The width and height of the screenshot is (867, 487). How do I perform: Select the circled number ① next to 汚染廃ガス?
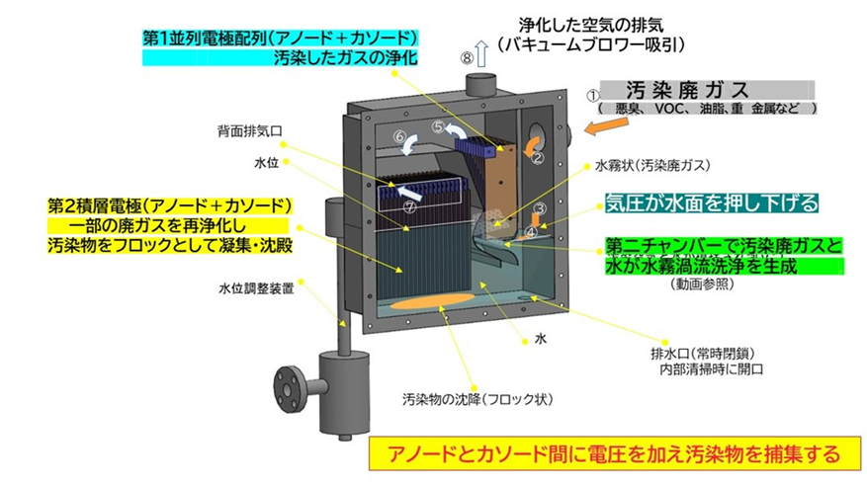click(x=592, y=96)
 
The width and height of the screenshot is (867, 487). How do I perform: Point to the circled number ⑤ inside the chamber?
click(x=438, y=127)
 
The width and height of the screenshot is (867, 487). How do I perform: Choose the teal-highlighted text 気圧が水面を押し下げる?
click(x=711, y=203)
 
